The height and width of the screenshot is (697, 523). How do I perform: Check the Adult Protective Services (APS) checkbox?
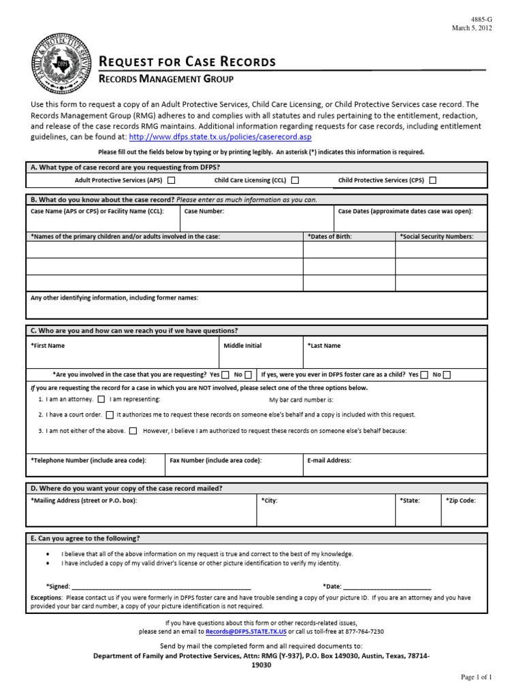(x=171, y=180)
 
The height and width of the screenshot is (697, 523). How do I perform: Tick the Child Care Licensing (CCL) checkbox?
(x=295, y=180)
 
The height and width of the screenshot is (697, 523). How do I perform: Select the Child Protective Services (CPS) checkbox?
(x=432, y=180)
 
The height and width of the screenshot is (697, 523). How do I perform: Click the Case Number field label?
(x=204, y=212)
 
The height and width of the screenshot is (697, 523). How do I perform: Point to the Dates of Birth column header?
(x=330, y=236)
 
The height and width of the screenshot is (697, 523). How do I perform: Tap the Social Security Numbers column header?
(x=441, y=236)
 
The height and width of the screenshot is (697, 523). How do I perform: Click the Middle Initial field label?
(x=242, y=346)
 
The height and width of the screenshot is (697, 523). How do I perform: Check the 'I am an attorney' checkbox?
(x=101, y=400)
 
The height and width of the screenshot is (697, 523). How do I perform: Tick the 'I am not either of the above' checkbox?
(x=133, y=430)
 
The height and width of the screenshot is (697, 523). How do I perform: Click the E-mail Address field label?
(x=330, y=460)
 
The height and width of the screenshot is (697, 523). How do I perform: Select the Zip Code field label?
(x=461, y=500)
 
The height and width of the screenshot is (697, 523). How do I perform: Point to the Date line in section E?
(x=387, y=585)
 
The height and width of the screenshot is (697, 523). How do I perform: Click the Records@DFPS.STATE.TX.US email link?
(x=246, y=631)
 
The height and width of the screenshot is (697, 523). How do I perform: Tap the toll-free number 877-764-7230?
(x=364, y=631)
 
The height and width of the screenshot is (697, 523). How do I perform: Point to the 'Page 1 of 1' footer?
(x=476, y=677)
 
